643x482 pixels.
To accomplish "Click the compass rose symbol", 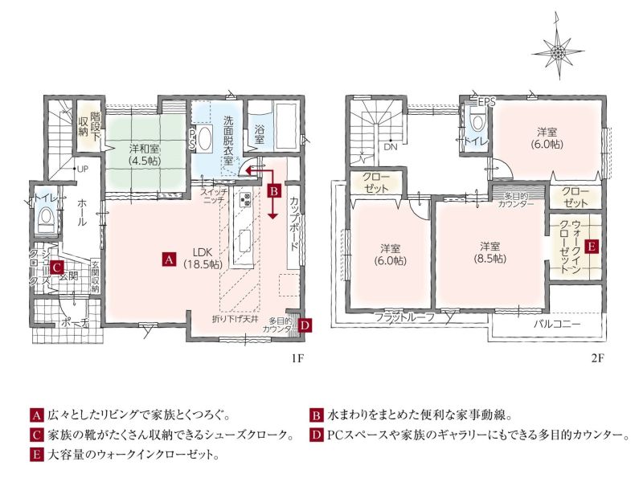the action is [x=558, y=52].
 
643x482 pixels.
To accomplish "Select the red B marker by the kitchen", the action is [x=274, y=191].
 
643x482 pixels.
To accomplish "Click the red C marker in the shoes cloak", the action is [x=56, y=268].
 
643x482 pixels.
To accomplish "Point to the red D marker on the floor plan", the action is [x=305, y=325].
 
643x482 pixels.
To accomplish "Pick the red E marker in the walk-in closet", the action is [x=592, y=247].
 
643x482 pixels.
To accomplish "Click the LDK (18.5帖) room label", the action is [x=203, y=258].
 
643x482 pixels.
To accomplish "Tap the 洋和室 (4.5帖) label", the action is [x=145, y=154].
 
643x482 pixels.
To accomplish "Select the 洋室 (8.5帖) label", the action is [x=490, y=253].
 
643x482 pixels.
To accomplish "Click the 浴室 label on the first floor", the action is [x=259, y=134].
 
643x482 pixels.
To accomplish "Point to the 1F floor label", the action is [x=297, y=358].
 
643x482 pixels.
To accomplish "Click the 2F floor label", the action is [x=598, y=358].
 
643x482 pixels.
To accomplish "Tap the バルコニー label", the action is [x=557, y=325].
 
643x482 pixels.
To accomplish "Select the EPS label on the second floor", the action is [x=487, y=102].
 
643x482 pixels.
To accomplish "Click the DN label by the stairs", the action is [x=391, y=147].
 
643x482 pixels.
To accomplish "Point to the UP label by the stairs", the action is [x=83, y=170].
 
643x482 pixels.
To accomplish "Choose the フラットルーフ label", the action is [x=404, y=317].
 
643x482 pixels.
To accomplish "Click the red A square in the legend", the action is [x=36, y=415].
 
